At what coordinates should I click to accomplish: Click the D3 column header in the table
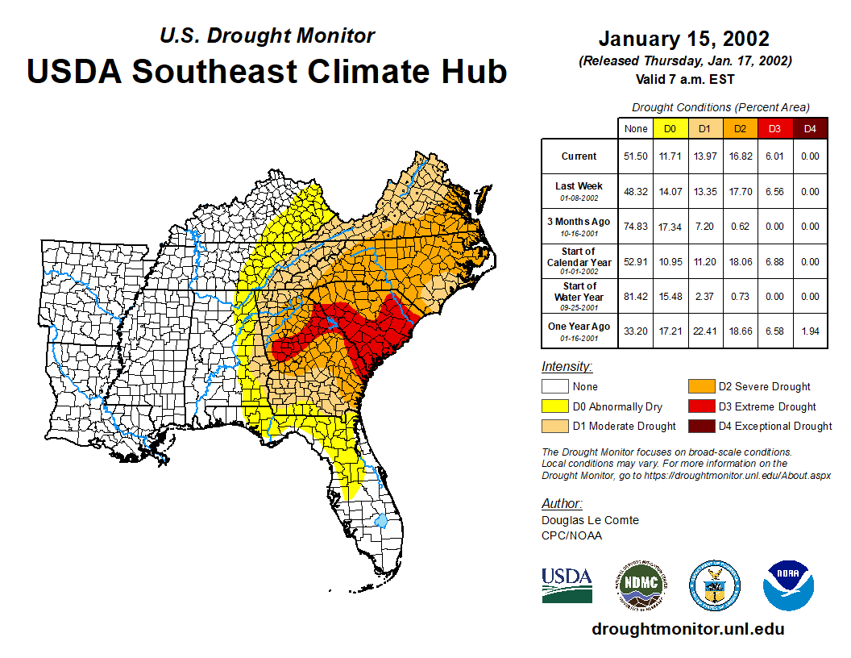point(774,128)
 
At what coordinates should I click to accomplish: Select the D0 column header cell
point(670,128)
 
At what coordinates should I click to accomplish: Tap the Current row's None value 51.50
point(635,156)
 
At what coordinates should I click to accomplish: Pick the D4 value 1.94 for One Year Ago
point(810,331)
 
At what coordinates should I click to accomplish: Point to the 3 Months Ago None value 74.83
point(635,227)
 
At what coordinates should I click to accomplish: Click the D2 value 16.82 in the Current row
point(739,156)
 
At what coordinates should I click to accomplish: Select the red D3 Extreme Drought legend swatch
point(700,406)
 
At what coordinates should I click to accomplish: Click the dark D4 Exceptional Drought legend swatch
point(700,426)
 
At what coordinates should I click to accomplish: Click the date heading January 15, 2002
point(684,39)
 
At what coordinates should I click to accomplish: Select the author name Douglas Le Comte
point(590,520)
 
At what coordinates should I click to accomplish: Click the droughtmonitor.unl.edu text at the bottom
point(687,628)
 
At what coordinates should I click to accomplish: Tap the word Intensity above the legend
point(567,367)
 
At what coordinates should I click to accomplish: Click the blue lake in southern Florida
point(381,521)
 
